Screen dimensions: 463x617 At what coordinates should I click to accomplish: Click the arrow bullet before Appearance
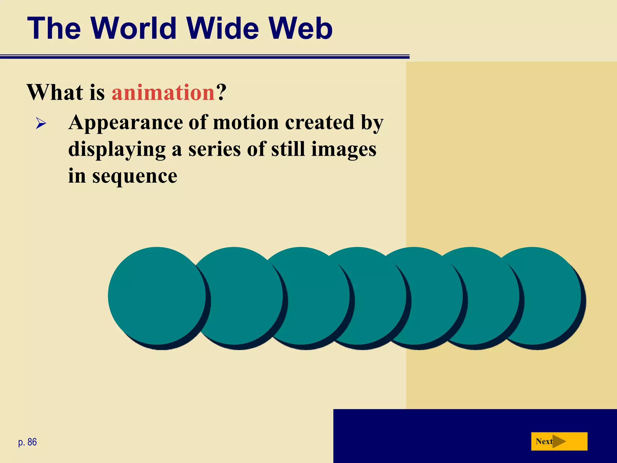pyautogui.click(x=41, y=123)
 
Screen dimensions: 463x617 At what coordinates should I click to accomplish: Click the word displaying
pyautogui.click(x=117, y=150)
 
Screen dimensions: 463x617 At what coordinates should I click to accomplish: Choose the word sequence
pyautogui.click(x=135, y=177)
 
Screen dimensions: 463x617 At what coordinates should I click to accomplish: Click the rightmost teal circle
pyautogui.click(x=542, y=296)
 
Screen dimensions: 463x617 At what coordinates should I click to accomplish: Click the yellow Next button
pyautogui.click(x=559, y=441)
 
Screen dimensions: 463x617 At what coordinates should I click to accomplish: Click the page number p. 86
pyautogui.click(x=27, y=442)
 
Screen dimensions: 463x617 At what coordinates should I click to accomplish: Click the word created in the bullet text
pyautogui.click(x=320, y=123)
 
